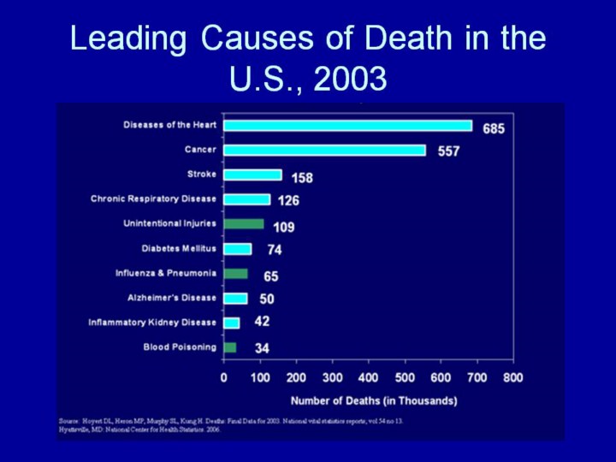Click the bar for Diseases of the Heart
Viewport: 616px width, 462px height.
pos(347,126)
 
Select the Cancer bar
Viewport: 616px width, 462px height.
pos(324,151)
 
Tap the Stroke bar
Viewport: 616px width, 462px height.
pos(252,175)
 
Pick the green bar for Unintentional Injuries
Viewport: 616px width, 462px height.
pos(244,224)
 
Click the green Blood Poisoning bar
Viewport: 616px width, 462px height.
pos(230,347)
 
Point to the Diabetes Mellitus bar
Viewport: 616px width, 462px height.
pos(238,249)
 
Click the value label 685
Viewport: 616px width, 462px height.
pos(494,129)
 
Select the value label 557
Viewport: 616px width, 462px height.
pos(449,151)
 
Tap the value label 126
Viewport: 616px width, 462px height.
pos(288,201)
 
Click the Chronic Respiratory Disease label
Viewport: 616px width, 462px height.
pos(154,199)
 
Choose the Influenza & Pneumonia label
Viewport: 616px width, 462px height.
pos(166,273)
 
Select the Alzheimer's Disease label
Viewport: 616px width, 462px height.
pos(171,298)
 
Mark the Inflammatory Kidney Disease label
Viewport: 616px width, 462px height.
pos(152,323)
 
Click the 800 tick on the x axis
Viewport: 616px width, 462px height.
pos(512,377)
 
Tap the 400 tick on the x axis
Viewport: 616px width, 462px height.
pos(368,377)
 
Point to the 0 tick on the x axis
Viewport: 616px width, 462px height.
pos(224,377)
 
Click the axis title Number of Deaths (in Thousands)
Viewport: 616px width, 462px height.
pos(374,400)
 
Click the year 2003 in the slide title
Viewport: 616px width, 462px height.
pos(351,79)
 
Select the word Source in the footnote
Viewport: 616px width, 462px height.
pos(68,422)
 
